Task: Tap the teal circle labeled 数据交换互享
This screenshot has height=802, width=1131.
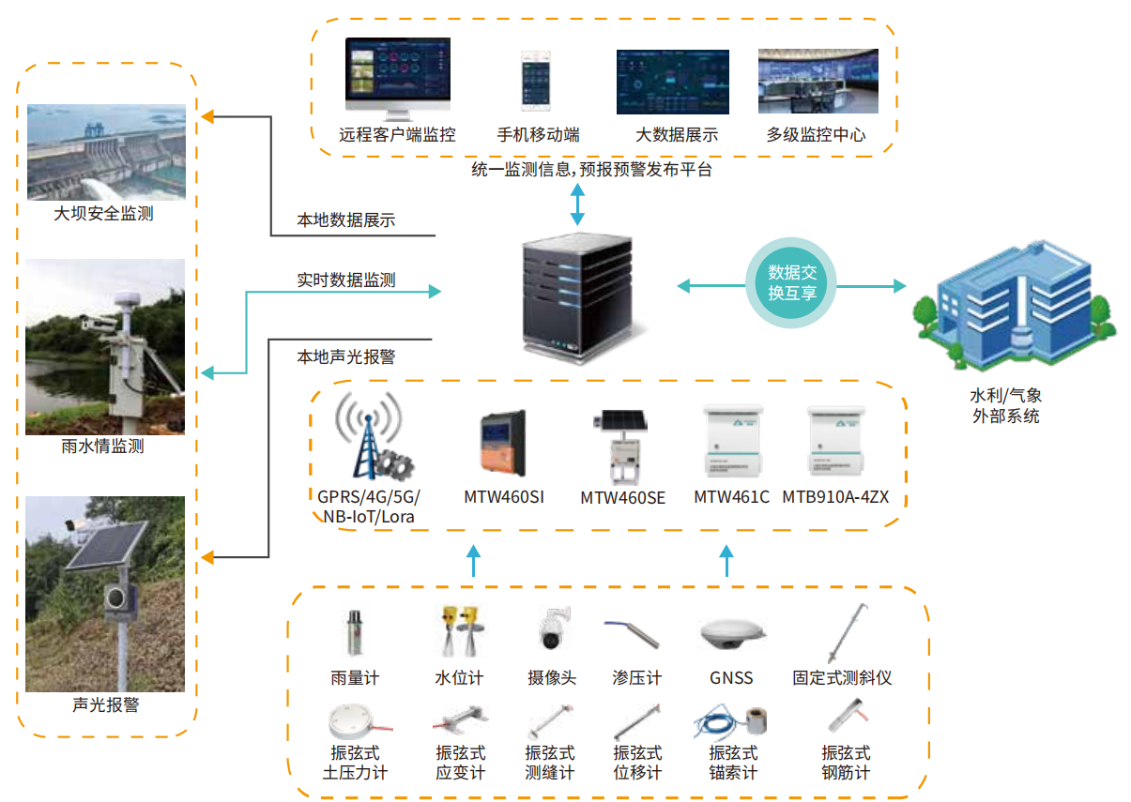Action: click(792, 282)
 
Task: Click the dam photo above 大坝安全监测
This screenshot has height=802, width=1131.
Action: click(106, 152)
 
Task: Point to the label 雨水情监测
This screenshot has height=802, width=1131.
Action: click(102, 446)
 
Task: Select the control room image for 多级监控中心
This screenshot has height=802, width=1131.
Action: click(818, 83)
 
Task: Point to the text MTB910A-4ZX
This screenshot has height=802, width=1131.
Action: click(835, 497)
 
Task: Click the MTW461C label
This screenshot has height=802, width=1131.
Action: click(731, 497)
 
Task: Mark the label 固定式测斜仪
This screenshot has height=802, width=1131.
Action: click(842, 677)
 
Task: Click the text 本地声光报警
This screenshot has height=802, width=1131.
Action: click(345, 356)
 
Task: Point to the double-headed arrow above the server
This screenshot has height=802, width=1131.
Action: click(577, 204)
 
